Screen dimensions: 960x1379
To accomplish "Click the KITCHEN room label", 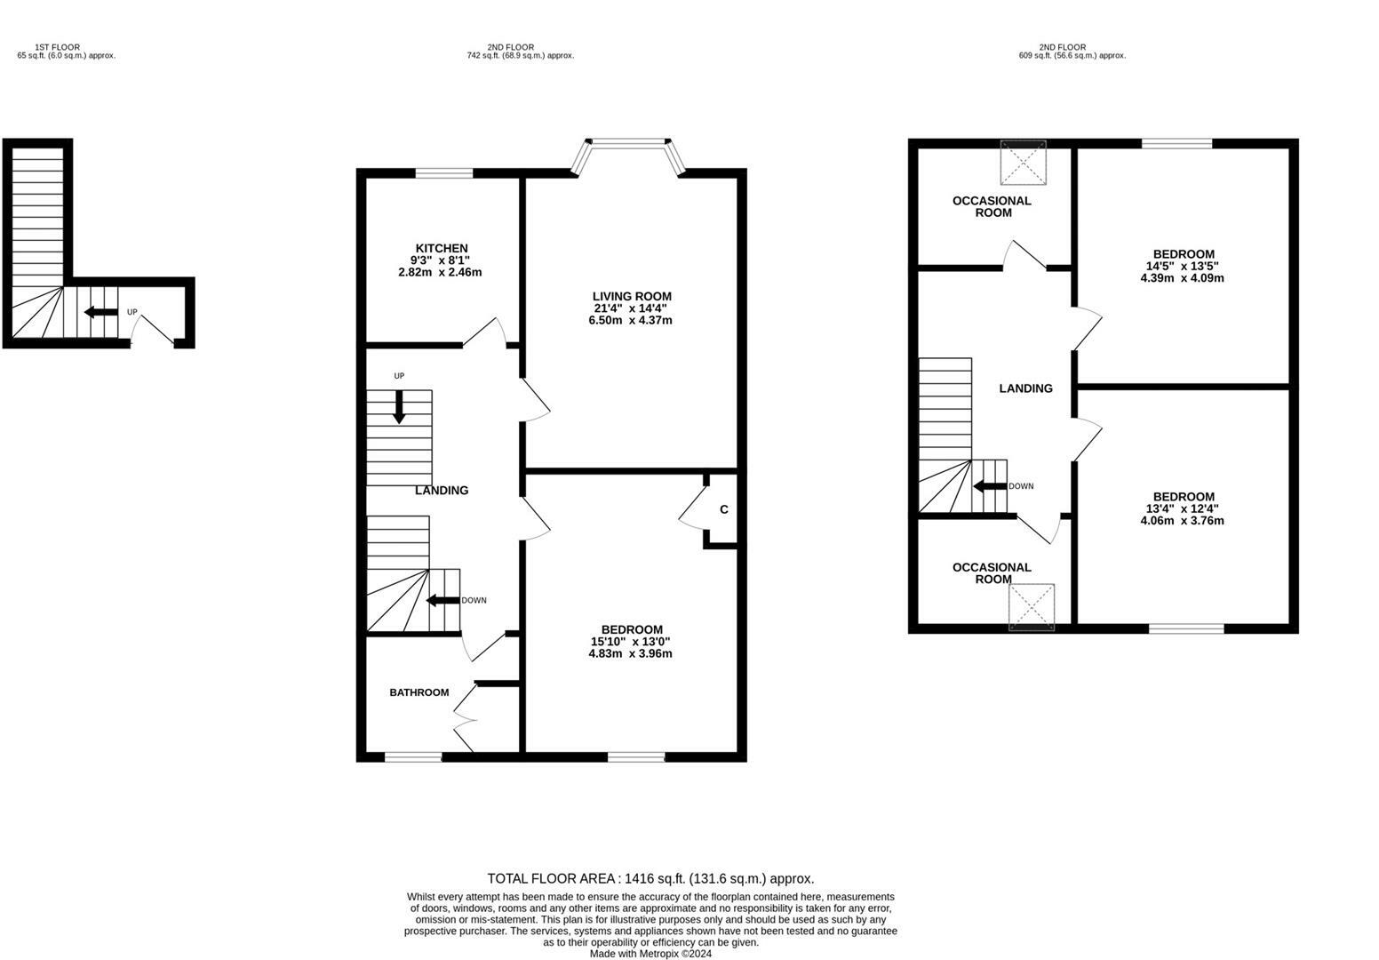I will tap(442, 248).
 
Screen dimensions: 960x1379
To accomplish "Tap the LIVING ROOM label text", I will tap(632, 296).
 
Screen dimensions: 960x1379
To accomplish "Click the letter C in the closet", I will tap(723, 509).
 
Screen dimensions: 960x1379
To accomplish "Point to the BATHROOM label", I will tap(419, 692).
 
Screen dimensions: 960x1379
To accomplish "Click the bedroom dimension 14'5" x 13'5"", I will tap(1182, 266).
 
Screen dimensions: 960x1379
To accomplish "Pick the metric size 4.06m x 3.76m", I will tap(1182, 521).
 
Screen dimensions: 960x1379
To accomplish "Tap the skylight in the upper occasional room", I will tap(1023, 162).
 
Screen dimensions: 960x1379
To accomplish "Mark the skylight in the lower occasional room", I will tap(1032, 607).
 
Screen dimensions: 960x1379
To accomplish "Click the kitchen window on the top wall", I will tap(444, 173).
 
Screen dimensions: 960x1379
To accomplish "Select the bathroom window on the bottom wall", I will tap(413, 757).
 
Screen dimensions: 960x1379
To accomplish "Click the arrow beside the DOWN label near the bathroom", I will tap(443, 600).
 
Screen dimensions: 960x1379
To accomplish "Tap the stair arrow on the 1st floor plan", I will tap(100, 312).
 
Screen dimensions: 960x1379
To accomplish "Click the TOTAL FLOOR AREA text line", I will tap(650, 878).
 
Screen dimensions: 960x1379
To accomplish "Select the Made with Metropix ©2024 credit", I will tap(650, 954).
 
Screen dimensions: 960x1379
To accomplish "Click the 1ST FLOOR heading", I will tap(57, 47).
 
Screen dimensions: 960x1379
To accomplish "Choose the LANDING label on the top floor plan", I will tap(1025, 388).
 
